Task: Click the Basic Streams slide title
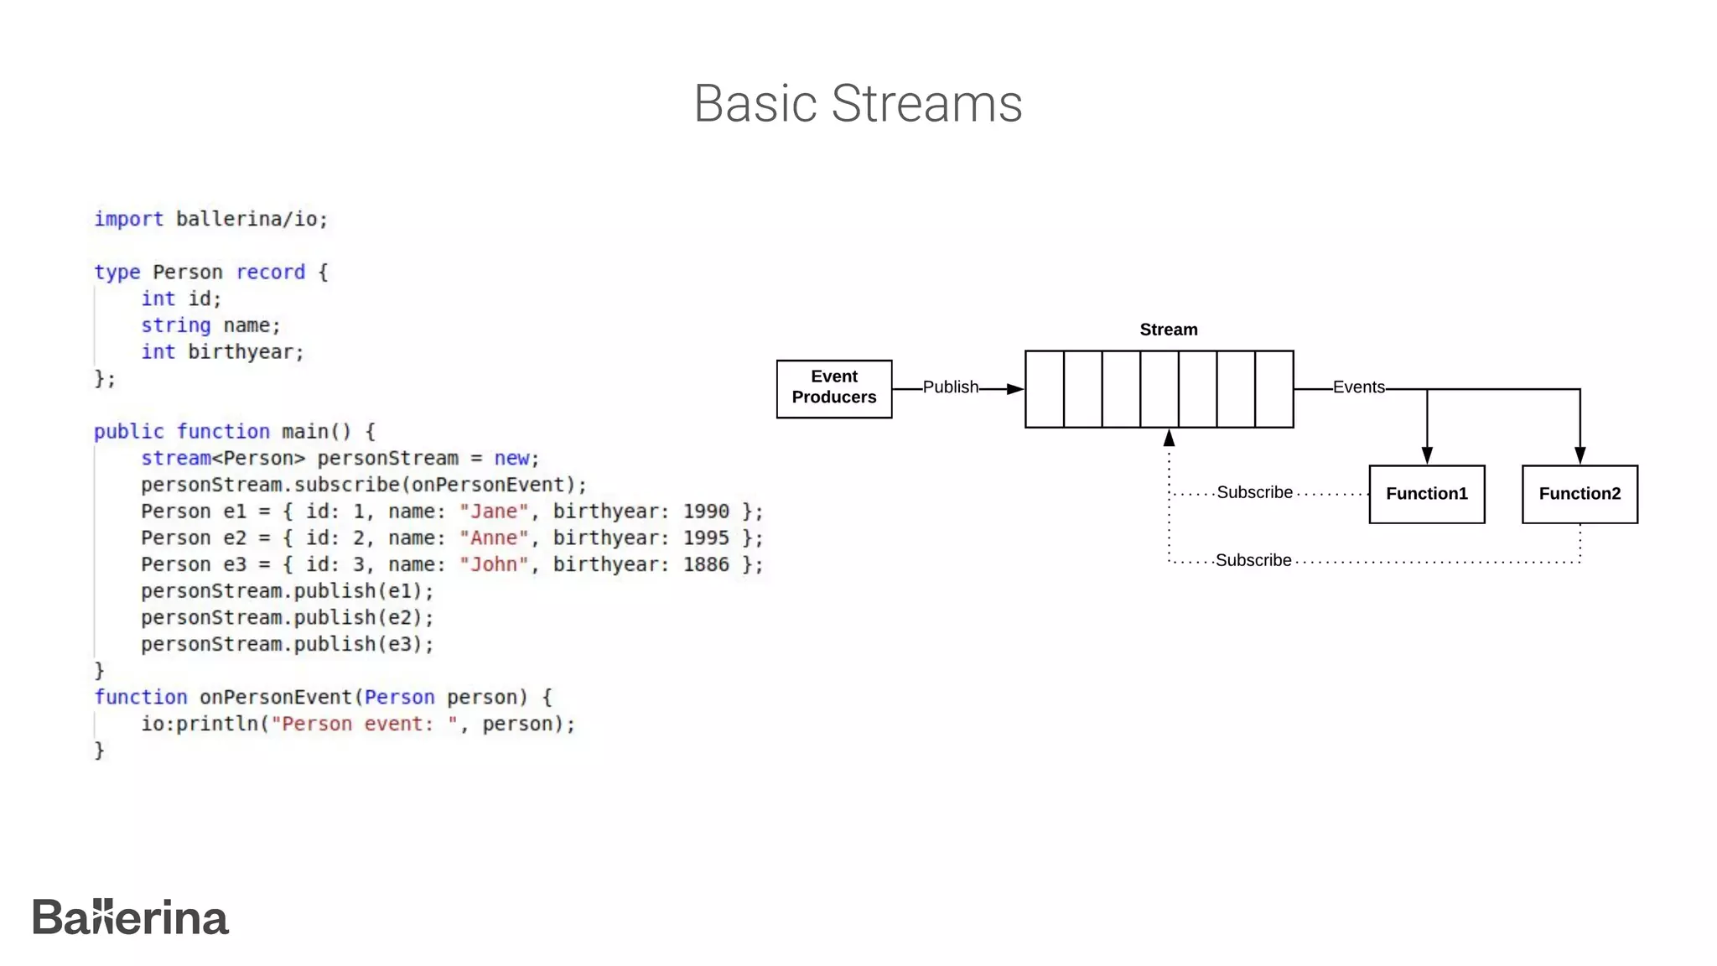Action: pyautogui.click(x=858, y=104)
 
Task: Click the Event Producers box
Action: pyautogui.click(x=833, y=388)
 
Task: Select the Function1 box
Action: pyautogui.click(x=1426, y=494)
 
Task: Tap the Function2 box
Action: pyautogui.click(x=1579, y=494)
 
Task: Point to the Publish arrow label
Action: pyautogui.click(x=950, y=387)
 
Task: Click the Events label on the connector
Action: pyautogui.click(x=1358, y=387)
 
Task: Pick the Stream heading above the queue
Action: pyautogui.click(x=1168, y=330)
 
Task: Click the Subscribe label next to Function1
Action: pyautogui.click(x=1254, y=492)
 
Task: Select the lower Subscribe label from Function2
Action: pyautogui.click(x=1253, y=560)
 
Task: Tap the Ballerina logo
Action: pyautogui.click(x=130, y=917)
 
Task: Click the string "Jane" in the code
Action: pyautogui.click(x=494, y=512)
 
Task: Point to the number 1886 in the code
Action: pyautogui.click(x=705, y=564)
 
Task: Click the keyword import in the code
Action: pyautogui.click(x=128, y=219)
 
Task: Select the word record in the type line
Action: pyautogui.click(x=270, y=273)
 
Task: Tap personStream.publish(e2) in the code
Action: pyautogui.click(x=286, y=618)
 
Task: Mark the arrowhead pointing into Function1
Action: pyautogui.click(x=1427, y=455)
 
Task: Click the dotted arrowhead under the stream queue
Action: pyautogui.click(x=1169, y=438)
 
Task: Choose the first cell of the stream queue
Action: pyautogui.click(x=1045, y=389)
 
